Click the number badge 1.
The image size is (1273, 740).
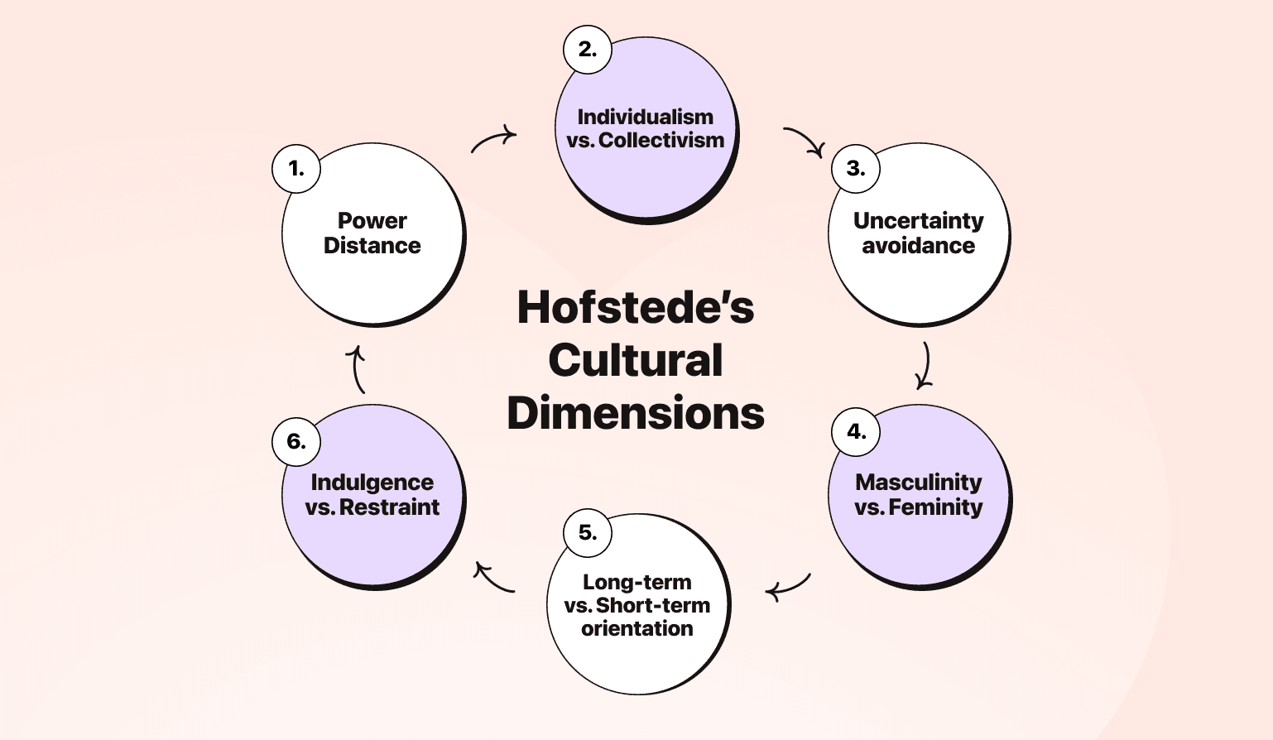tap(296, 169)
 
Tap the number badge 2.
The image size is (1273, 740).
tap(587, 50)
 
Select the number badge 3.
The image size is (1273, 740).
tap(856, 169)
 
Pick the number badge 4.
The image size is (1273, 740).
tap(856, 431)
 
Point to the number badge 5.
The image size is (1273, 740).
tap(587, 532)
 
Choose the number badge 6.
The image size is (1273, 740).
tap(296, 441)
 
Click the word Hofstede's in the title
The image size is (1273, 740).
tap(636, 307)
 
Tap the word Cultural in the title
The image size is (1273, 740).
tap(636, 360)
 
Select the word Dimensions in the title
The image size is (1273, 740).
tap(636, 413)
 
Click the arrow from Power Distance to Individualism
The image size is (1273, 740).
tap(493, 139)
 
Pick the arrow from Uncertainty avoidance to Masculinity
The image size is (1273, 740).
tap(925, 366)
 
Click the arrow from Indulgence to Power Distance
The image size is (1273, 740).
tap(357, 369)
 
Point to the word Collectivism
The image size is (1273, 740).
tap(661, 141)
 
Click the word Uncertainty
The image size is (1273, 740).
tap(918, 221)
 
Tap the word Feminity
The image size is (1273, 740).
tap(935, 507)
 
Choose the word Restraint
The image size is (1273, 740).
tap(389, 507)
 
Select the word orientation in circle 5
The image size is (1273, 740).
tap(636, 629)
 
